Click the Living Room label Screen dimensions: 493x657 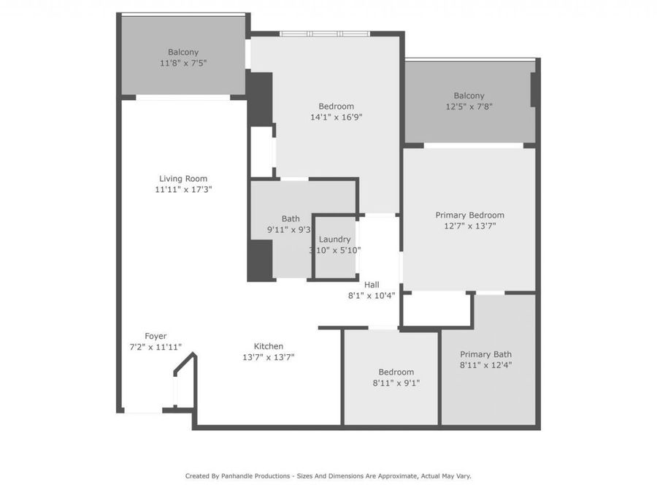tap(183, 178)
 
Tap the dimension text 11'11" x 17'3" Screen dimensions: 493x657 tap(183, 189)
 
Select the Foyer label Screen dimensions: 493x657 tap(155, 336)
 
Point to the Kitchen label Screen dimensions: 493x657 tap(268, 346)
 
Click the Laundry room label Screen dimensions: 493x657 tap(334, 239)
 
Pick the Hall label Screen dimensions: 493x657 tap(372, 285)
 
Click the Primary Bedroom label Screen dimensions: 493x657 tap(469, 215)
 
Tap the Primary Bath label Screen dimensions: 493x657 tap(485, 353)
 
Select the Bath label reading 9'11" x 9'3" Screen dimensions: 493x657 tap(291, 218)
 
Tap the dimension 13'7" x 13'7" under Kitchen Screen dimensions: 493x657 tap(268, 357)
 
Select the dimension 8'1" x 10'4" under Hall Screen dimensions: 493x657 tap(372, 296)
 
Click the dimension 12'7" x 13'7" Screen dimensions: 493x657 tap(469, 226)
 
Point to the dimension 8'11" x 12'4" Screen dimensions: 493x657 tap(485, 364)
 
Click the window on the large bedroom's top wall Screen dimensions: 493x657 tap(325, 34)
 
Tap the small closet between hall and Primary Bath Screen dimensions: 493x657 tap(436, 309)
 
